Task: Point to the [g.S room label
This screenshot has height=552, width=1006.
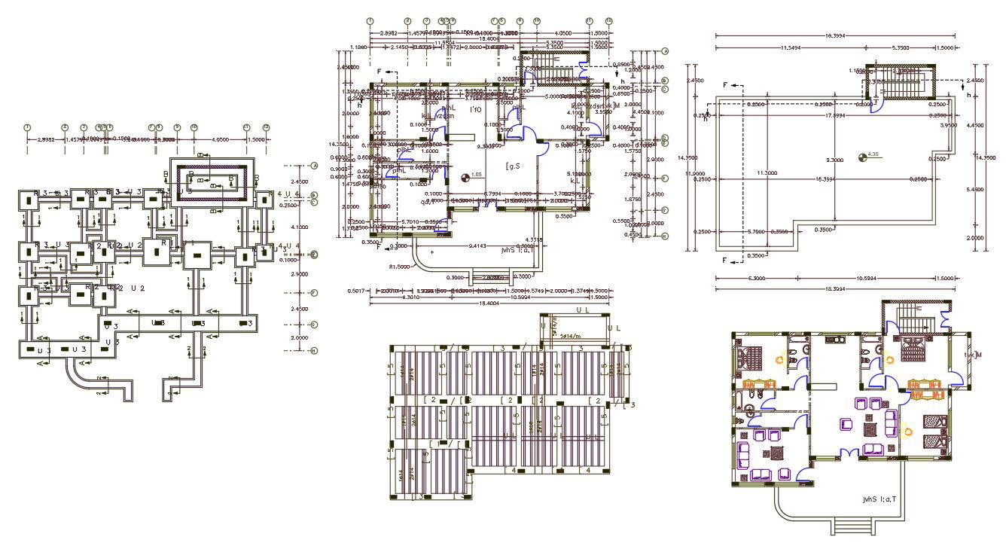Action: pyautogui.click(x=514, y=166)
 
